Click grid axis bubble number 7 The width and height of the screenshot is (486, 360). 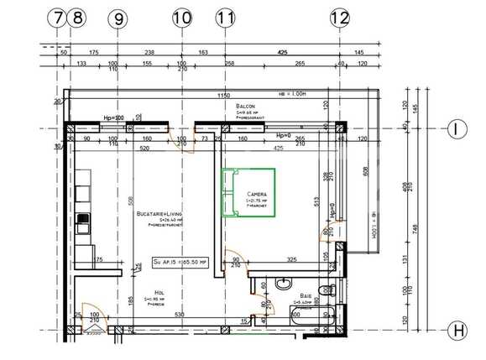coord(58,16)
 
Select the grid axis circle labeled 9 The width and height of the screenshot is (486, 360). coord(118,16)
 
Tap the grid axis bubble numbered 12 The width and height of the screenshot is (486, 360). coord(339,16)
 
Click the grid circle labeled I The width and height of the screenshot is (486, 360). coord(457,129)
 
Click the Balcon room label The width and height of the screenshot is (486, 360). coord(245,107)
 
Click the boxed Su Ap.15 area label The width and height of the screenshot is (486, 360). coord(180,263)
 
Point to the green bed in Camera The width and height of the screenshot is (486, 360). coord(247,194)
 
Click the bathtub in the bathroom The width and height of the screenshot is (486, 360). coord(311,316)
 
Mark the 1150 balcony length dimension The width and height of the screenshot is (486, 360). coord(222,96)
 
